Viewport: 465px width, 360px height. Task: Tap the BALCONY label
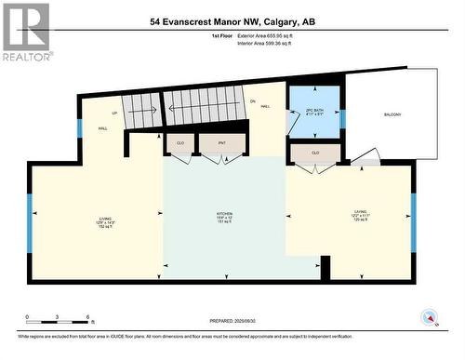[392, 114]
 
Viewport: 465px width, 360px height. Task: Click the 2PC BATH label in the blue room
[313, 112]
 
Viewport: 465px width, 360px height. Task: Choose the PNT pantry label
[222, 143]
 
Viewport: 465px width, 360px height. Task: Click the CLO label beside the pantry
[179, 143]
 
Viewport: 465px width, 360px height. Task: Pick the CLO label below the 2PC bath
[315, 152]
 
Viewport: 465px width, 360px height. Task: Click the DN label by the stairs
[252, 100]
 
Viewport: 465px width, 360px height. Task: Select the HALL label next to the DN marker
[265, 107]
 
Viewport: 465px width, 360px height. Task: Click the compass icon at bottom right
[430, 317]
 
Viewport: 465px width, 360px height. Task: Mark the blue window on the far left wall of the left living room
[30, 222]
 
